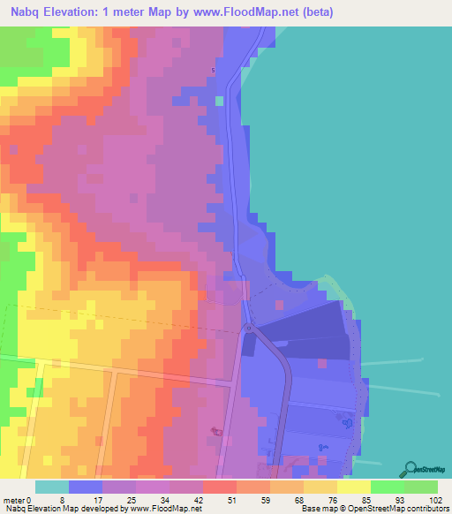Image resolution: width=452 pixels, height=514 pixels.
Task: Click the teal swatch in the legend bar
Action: [52, 487]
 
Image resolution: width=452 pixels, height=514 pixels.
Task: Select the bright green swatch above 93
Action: [387, 487]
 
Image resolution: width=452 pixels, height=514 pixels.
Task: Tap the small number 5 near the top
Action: [213, 71]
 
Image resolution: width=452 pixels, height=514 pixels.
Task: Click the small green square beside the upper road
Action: [219, 101]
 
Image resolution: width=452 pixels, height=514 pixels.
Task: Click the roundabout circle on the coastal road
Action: [249, 328]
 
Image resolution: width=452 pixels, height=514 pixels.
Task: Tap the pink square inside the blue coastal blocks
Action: [323, 362]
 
